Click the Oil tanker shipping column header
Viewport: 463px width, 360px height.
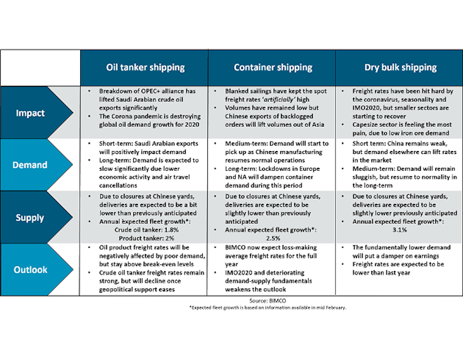coord(145,67)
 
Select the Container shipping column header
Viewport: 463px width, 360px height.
coord(273,67)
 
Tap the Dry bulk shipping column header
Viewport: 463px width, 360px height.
coord(400,67)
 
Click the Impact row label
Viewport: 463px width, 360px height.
coord(30,113)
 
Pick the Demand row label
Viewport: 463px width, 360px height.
coord(30,165)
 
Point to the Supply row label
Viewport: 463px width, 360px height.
coord(30,218)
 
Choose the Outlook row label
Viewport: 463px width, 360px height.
coord(30,269)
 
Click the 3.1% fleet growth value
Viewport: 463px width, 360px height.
coord(400,230)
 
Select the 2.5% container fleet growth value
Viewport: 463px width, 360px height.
coord(273,238)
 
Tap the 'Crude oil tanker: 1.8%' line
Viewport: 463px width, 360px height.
coord(147,230)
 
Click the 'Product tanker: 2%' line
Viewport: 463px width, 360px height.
coord(147,238)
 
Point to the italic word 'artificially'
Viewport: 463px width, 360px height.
coord(278,99)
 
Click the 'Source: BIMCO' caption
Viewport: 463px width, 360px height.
coord(268,301)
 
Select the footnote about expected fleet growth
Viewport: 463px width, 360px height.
coord(268,308)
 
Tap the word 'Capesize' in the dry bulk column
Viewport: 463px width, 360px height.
coord(365,124)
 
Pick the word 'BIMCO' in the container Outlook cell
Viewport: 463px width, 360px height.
coord(235,247)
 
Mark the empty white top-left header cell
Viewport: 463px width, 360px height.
coord(40,67)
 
